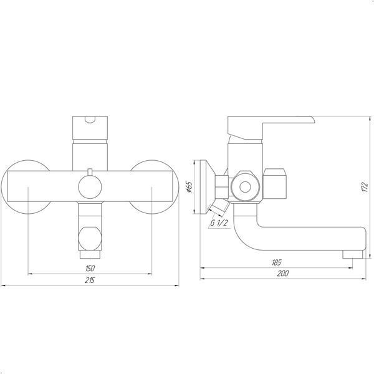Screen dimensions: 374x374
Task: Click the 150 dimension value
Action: pyautogui.click(x=90, y=268)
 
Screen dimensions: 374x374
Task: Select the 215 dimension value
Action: pyautogui.click(x=90, y=280)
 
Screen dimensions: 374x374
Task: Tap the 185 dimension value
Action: pyautogui.click(x=276, y=262)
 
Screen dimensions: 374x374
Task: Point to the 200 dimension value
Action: pyautogui.click(x=283, y=274)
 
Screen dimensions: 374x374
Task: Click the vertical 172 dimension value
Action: pyautogui.click(x=365, y=187)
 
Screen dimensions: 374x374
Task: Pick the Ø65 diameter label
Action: pyautogui.click(x=189, y=187)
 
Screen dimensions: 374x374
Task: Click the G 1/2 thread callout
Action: pyautogui.click(x=219, y=223)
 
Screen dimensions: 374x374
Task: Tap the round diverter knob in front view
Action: pyautogui.click(x=90, y=187)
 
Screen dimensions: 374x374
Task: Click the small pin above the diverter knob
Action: pyautogui.click(x=90, y=172)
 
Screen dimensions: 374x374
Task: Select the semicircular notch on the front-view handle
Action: pyautogui.click(x=90, y=120)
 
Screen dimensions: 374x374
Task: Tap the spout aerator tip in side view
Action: pyautogui.click(x=353, y=254)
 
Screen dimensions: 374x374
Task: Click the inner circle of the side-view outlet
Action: pyautogui.click(x=245, y=187)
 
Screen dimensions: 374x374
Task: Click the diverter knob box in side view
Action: pyautogui.click(x=275, y=184)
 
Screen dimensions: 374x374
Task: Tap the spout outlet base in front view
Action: pyautogui.click(x=90, y=254)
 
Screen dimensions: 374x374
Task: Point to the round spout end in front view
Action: pyautogui.click(x=90, y=238)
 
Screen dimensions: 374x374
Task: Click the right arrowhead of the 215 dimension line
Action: pyautogui.click(x=177, y=285)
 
